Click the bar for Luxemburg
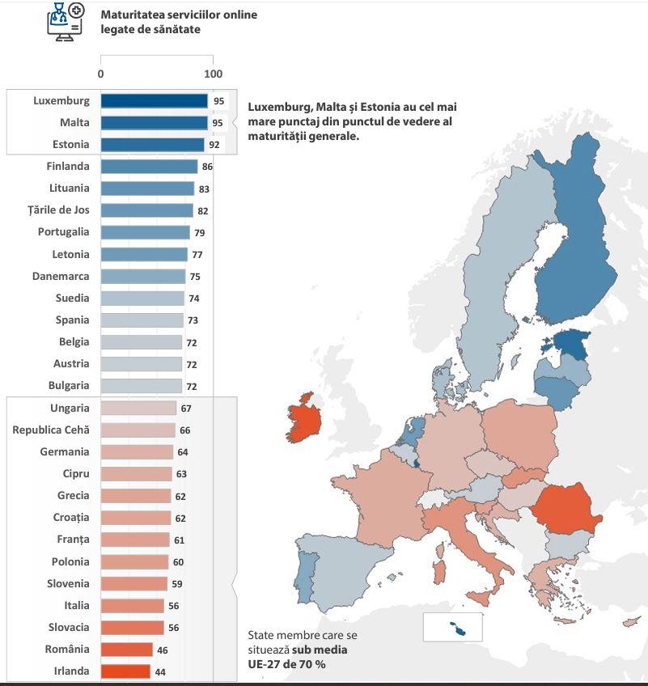(154, 101)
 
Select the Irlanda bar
(125, 671)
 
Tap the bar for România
(126, 650)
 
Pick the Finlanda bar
(149, 167)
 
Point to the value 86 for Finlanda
(207, 167)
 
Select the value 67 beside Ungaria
(186, 409)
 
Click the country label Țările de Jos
(58, 210)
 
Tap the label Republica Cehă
(51, 430)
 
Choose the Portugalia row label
(63, 232)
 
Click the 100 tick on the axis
(213, 74)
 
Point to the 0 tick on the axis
(100, 74)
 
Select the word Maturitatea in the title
(133, 15)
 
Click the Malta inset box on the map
(452, 627)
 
